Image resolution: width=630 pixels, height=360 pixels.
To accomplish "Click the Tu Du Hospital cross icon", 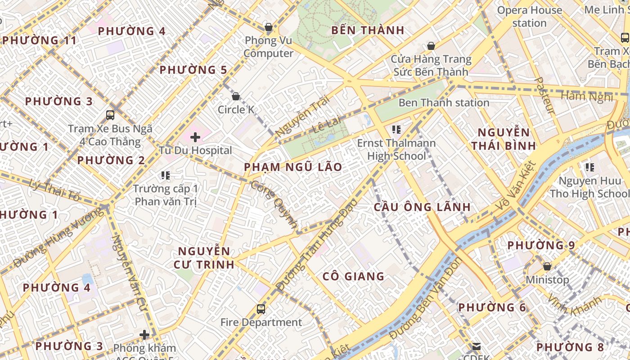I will pos(195,137).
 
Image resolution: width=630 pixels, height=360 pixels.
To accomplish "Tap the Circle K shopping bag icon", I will pos(235,96).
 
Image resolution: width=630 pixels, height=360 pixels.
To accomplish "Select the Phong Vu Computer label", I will pos(268,47).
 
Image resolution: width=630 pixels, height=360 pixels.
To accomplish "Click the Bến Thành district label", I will pos(368,31).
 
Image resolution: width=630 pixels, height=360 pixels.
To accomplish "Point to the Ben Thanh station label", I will pos(444,103).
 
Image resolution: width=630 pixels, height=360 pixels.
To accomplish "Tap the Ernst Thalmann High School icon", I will pos(396,130).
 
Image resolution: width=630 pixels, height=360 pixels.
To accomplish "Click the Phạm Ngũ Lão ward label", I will pos(293,167).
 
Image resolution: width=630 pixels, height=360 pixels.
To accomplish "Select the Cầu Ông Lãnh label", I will pos(423,207).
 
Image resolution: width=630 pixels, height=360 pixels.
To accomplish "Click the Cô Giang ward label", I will pos(353,276).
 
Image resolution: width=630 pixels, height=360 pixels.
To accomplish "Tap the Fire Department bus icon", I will pos(261,309).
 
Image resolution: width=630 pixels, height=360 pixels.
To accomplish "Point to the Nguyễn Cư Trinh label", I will pos(204,258).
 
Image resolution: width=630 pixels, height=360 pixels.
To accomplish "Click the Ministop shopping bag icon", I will pos(547,266).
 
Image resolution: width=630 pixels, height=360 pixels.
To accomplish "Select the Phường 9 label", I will pos(541,246).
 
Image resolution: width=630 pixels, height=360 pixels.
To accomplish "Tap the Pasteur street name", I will pos(544,95).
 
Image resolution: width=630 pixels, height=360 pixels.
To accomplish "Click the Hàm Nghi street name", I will pos(586,96).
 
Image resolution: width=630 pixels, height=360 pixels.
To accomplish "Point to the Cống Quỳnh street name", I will pos(274,205).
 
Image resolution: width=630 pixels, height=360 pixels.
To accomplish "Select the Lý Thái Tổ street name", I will pos(54,190).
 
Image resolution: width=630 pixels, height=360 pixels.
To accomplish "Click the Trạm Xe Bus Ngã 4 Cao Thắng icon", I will pos(110,115).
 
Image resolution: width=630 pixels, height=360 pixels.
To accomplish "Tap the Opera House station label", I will pos(529,17).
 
